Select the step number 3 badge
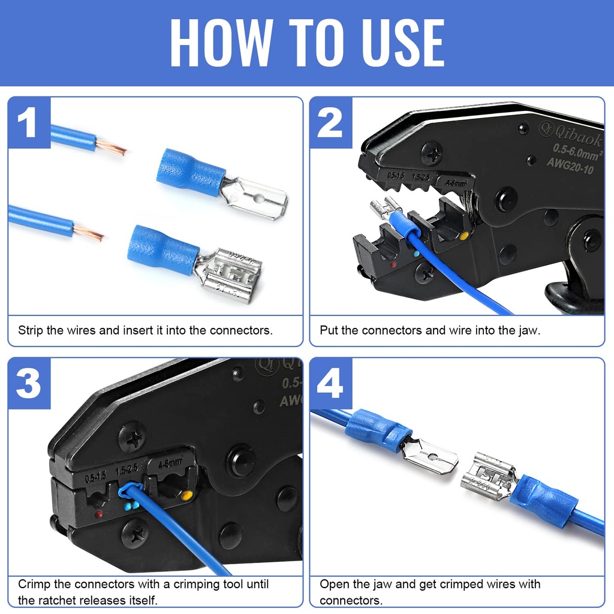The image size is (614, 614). (29, 384)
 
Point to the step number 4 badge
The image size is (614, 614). (330, 384)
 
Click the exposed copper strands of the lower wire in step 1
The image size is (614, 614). (89, 233)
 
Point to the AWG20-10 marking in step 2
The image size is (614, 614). (574, 161)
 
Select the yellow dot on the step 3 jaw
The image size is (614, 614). (187, 496)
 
